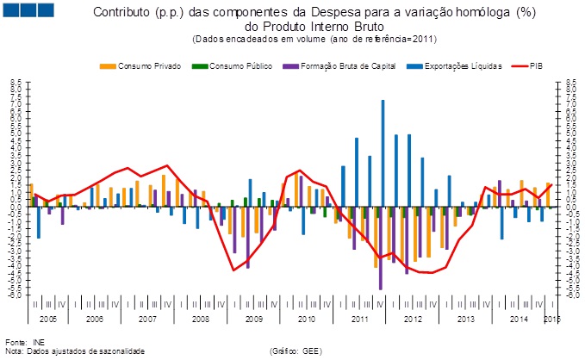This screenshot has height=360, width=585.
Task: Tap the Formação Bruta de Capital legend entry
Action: coord(341,65)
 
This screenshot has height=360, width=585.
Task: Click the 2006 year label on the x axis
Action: coord(95,319)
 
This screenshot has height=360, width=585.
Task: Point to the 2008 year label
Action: coord(201,319)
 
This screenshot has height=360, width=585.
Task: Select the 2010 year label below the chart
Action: coord(306,319)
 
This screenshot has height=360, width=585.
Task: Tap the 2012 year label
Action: coord(412,319)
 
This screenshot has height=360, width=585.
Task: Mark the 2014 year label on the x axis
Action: coord(518,319)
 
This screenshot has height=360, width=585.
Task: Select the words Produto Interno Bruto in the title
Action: coord(303,28)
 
